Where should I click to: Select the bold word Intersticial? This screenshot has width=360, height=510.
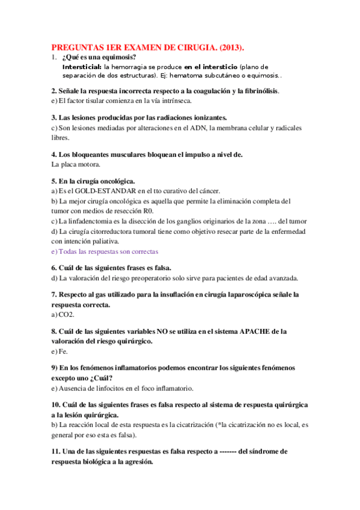click(x=82, y=67)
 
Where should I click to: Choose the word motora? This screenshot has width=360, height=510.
click(x=88, y=164)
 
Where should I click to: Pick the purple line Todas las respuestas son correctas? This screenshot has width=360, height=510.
click(x=105, y=252)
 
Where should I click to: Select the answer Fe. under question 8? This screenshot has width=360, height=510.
click(x=63, y=351)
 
